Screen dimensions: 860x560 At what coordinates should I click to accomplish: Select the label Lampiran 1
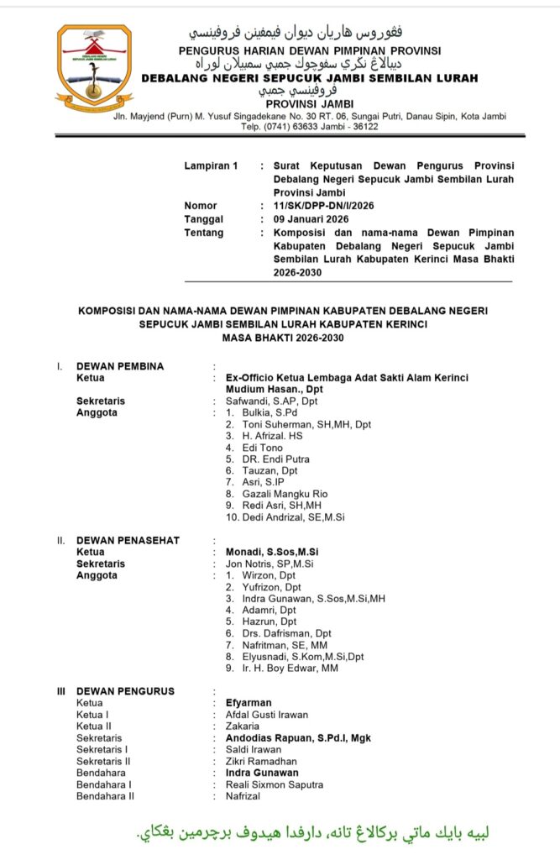click(211, 166)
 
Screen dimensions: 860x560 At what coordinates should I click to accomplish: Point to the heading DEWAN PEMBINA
click(120, 366)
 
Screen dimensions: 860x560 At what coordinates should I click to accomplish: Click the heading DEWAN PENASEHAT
click(128, 540)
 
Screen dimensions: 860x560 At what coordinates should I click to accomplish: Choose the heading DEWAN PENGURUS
click(125, 691)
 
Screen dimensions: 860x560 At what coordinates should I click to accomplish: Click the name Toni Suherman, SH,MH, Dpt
click(300, 425)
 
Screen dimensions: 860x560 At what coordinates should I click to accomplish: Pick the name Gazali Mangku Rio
click(278, 495)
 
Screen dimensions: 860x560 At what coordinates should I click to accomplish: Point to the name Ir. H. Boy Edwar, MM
click(281, 669)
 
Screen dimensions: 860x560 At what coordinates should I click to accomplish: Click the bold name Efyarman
click(249, 703)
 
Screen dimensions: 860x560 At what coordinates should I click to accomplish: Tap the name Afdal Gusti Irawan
click(266, 715)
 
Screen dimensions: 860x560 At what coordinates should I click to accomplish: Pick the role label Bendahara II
click(105, 796)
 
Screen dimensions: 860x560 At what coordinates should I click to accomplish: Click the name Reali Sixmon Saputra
click(275, 784)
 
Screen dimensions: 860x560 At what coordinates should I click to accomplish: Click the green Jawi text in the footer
click(313, 833)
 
